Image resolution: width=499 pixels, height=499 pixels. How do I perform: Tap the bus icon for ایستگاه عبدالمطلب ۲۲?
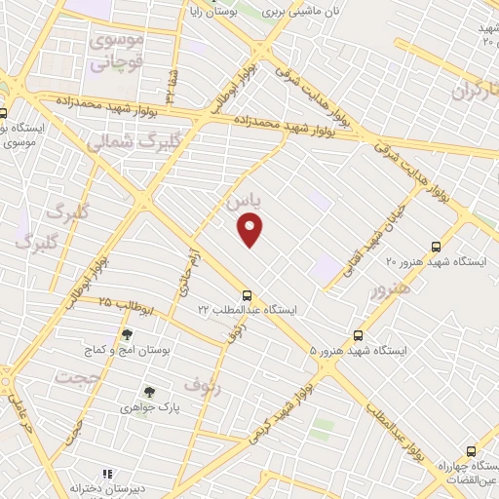coord(248,294)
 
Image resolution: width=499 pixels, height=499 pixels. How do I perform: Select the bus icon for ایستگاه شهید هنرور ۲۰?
coord(436,248)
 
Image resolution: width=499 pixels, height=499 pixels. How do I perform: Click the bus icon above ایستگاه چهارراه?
coord(472,451)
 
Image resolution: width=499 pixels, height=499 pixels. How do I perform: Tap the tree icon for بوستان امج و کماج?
coord(127,334)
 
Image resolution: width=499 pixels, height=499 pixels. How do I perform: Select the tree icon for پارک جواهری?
coord(148,392)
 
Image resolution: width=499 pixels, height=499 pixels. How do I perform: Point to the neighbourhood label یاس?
coord(244,201)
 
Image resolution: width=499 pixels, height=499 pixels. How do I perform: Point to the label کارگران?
coord(475,93)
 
